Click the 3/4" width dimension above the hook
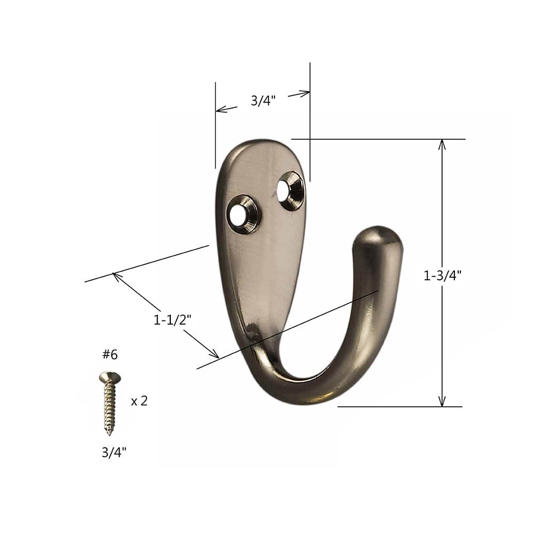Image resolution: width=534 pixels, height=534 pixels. click(263, 100)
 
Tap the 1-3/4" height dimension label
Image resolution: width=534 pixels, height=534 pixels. click(442, 276)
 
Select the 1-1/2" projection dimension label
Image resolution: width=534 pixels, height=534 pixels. click(172, 320)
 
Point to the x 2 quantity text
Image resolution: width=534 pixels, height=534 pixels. click(139, 401)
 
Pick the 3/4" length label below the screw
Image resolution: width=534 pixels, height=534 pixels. click(114, 453)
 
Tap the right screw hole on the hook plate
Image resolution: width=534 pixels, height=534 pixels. click(291, 191)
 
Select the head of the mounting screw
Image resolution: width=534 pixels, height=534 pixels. click(109, 378)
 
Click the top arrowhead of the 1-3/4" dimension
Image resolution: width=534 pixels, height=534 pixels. click(442, 143)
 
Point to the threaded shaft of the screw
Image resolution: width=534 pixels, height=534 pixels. click(109, 403)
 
